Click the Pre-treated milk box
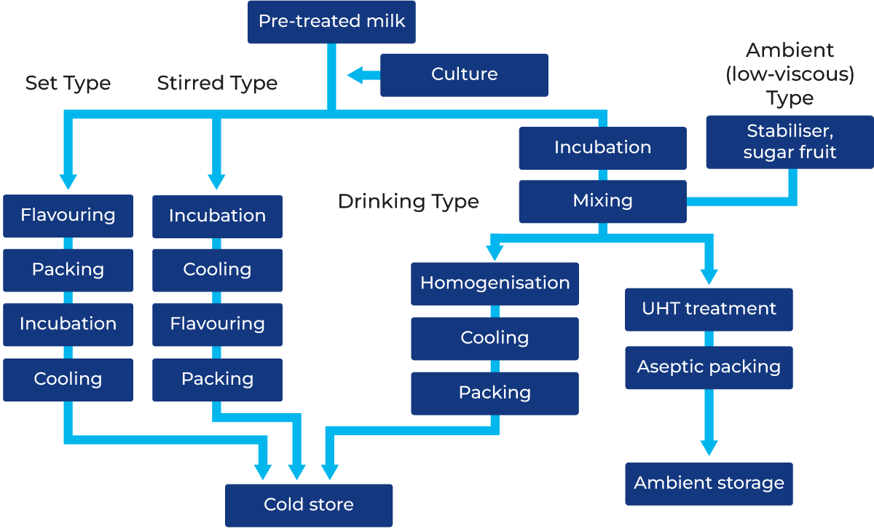click(331, 21)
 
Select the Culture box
click(464, 74)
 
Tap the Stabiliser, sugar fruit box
click(790, 142)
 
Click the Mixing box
click(602, 201)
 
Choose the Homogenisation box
click(495, 283)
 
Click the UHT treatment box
click(709, 309)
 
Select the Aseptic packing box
click(709, 367)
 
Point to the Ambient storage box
click(709, 483)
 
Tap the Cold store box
click(309, 505)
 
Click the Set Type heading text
click(68, 83)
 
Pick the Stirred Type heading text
click(217, 83)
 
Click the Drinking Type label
click(409, 202)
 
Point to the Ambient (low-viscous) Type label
click(790, 74)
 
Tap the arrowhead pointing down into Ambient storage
click(709, 447)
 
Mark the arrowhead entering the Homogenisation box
click(495, 252)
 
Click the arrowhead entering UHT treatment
click(709, 276)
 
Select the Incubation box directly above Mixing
click(602, 148)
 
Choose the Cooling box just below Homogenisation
click(495, 338)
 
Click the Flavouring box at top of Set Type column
click(68, 215)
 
